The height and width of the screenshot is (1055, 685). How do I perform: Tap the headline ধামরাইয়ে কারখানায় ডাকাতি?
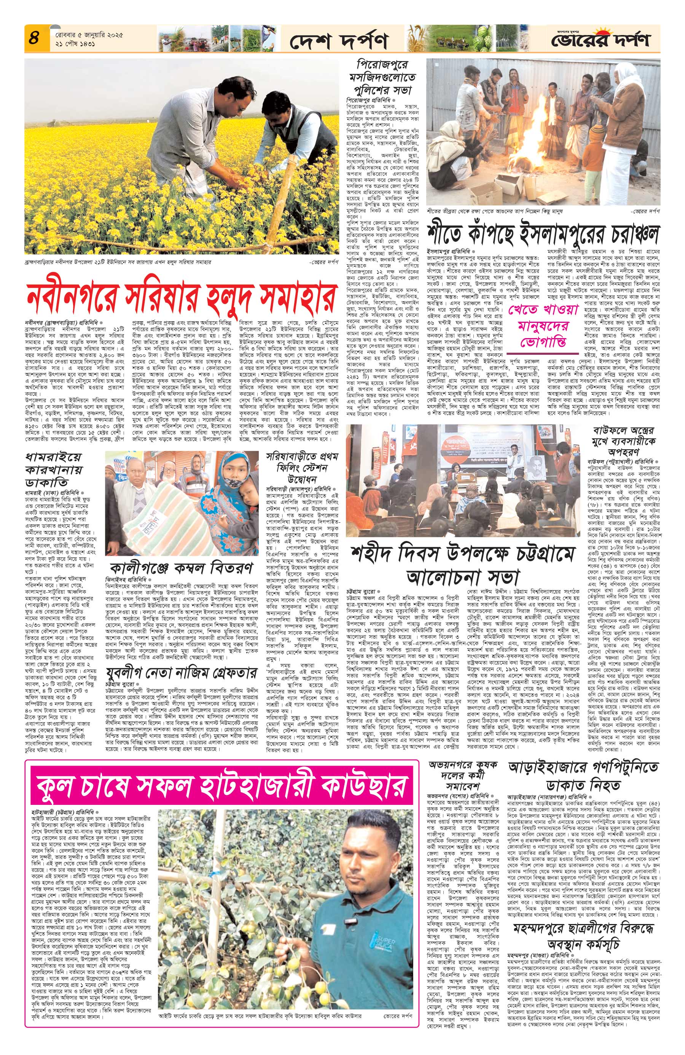(53, 470)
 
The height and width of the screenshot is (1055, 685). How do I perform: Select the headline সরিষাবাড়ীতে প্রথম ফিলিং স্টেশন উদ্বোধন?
(299, 466)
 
